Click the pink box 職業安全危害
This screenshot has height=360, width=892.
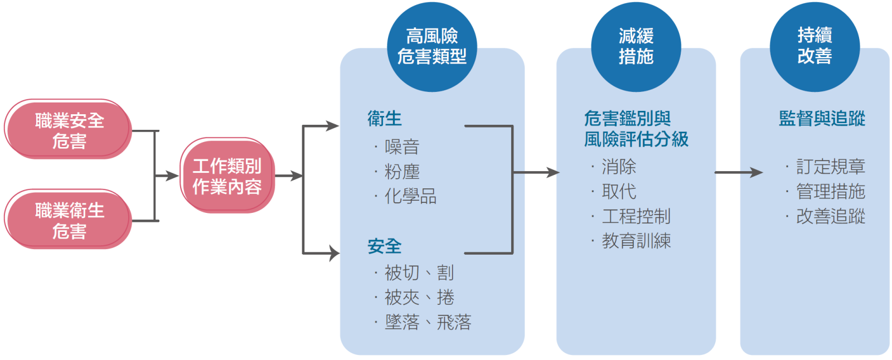69,129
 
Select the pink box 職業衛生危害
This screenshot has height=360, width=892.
69,220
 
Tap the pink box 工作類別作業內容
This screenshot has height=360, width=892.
227,176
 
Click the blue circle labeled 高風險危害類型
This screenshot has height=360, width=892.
432,47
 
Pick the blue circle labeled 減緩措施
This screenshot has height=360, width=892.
636,47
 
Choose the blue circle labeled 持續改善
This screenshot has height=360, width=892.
815,47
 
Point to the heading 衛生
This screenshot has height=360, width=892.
385,118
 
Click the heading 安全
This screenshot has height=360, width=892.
385,246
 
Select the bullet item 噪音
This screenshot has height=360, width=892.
402,147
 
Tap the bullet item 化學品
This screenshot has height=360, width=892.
410,196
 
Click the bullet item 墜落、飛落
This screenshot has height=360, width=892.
428,322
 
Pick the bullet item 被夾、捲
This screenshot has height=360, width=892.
419,298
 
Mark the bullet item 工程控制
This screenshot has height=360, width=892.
636,216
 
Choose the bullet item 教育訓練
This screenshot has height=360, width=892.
636,241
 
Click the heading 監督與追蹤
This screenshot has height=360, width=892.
822,118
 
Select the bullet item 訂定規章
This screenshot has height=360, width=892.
831,167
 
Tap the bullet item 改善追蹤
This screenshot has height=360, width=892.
831,216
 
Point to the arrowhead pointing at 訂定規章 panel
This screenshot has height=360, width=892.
757,173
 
